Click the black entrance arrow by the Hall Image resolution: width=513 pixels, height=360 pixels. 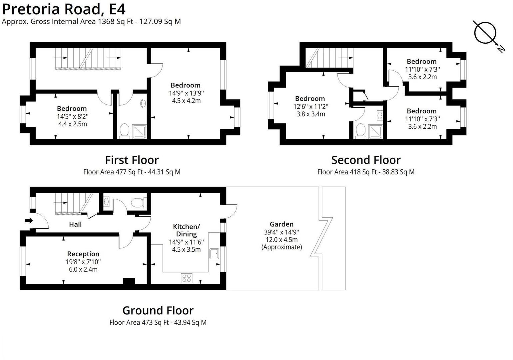tap(29, 221)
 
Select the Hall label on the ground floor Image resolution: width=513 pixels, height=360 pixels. tap(75, 224)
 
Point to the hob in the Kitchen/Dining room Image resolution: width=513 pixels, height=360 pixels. tap(187, 278)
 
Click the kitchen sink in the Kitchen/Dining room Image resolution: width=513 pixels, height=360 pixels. tap(214, 254)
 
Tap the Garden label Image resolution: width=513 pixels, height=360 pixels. tap(281, 224)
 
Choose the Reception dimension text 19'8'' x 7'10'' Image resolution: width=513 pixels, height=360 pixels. tap(83, 262)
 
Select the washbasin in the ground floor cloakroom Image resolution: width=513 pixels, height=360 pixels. tap(106, 201)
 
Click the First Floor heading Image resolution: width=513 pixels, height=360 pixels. tap(132, 160)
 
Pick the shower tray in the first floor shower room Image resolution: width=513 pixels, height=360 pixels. tap(139, 131)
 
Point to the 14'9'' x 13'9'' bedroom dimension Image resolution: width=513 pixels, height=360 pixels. tap(186, 93)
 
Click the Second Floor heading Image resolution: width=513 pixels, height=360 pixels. tap(366, 160)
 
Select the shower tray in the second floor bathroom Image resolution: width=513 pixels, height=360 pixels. tap(375, 131)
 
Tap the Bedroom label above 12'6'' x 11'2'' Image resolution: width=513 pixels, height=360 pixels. tap(310, 99)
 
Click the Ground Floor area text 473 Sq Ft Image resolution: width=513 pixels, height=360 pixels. tap(158, 322)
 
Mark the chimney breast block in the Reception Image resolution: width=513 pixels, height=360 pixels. tap(129, 281)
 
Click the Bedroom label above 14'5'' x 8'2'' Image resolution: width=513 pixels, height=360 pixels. tap(72, 109)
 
